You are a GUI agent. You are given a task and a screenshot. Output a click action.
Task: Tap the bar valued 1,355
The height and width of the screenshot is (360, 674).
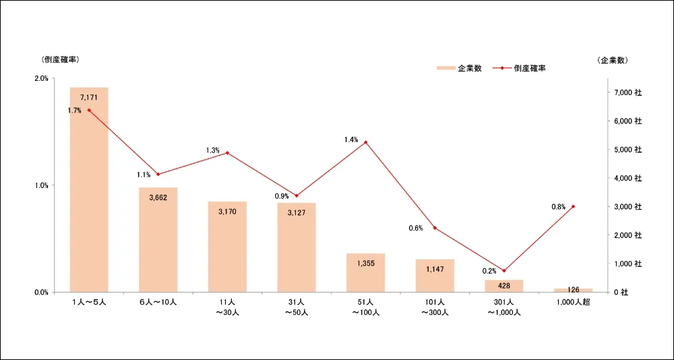(x=365, y=273)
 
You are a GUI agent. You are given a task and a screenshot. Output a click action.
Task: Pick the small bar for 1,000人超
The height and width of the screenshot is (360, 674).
(x=573, y=290)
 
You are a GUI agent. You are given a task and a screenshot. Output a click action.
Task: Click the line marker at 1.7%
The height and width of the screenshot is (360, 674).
(x=89, y=110)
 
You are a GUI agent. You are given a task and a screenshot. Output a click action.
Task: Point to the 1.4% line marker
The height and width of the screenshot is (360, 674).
(x=365, y=142)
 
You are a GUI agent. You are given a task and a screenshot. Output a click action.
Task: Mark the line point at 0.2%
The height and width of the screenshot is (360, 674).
(x=503, y=270)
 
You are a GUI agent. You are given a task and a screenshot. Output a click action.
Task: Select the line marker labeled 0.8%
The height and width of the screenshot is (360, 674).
(x=573, y=206)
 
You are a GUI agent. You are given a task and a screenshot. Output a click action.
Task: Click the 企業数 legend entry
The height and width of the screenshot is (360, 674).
(x=459, y=68)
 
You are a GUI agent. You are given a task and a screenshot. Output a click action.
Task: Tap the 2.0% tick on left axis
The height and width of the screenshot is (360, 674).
(x=40, y=78)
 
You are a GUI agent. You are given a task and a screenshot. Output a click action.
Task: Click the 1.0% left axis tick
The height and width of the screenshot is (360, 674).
(x=40, y=185)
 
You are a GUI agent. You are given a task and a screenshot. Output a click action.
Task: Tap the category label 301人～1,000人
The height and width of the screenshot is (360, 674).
(x=503, y=307)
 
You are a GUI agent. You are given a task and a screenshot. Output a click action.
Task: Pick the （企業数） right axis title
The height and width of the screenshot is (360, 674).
(x=613, y=60)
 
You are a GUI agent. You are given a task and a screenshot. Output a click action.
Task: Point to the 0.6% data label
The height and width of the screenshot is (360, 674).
(x=416, y=228)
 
